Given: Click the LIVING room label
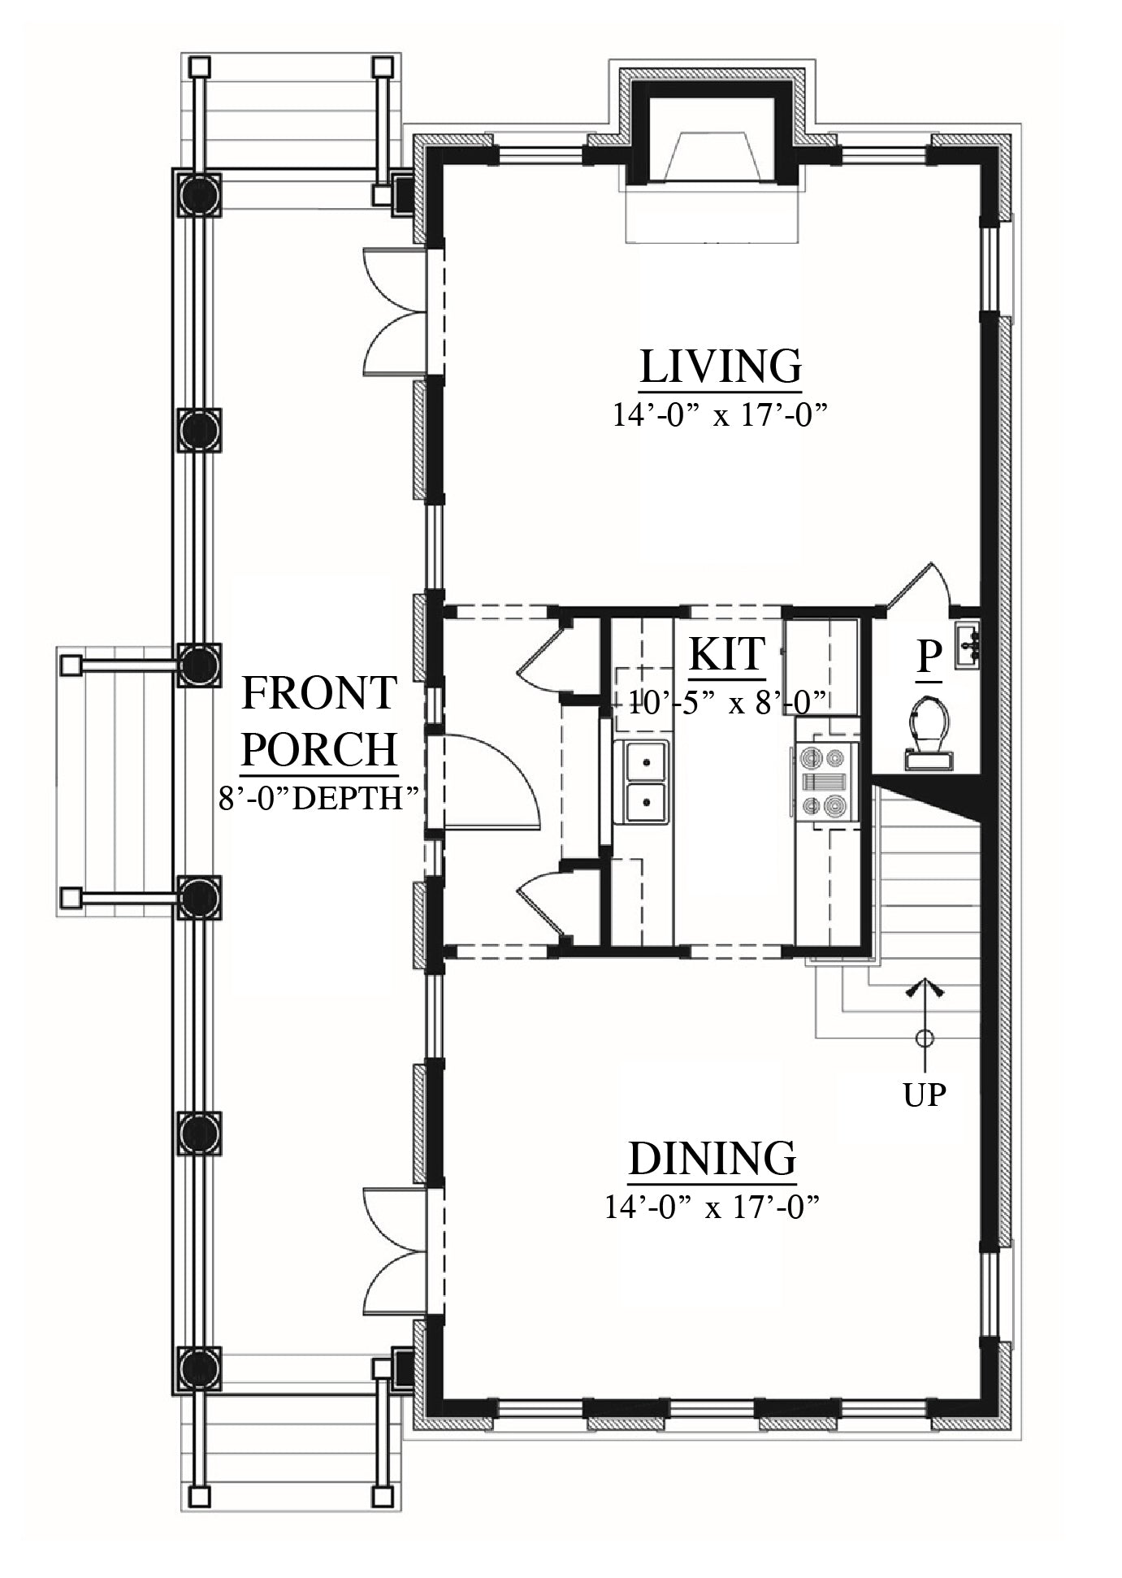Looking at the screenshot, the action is click(720, 366).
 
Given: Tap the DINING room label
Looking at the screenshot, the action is click(712, 1158).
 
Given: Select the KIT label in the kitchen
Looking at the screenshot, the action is click(727, 653).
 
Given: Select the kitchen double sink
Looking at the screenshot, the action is click(647, 782).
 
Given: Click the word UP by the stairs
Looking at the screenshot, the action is click(925, 1095).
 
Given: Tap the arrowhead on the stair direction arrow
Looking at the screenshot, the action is click(925, 988).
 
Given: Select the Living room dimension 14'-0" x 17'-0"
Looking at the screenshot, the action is click(720, 415).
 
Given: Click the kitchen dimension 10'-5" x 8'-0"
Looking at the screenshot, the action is click(727, 700).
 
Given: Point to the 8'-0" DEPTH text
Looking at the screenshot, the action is click(319, 797).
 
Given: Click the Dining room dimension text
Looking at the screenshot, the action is click(710, 1207).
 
